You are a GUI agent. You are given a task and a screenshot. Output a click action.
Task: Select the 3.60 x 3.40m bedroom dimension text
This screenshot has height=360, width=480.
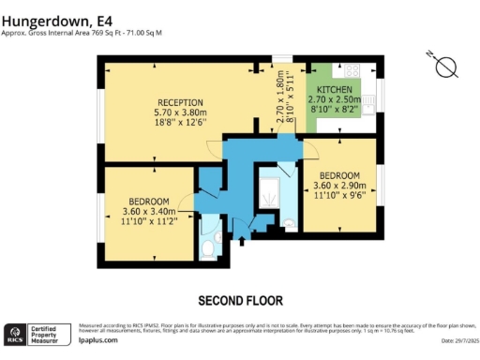pos(150,212)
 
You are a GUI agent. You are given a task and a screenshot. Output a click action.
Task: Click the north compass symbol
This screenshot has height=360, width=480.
pos(446,67)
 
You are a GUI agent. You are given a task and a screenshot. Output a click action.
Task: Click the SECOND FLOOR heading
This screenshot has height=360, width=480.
pos(240,301)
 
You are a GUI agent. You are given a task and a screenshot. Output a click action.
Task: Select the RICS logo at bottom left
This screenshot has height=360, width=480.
pos(15,335)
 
